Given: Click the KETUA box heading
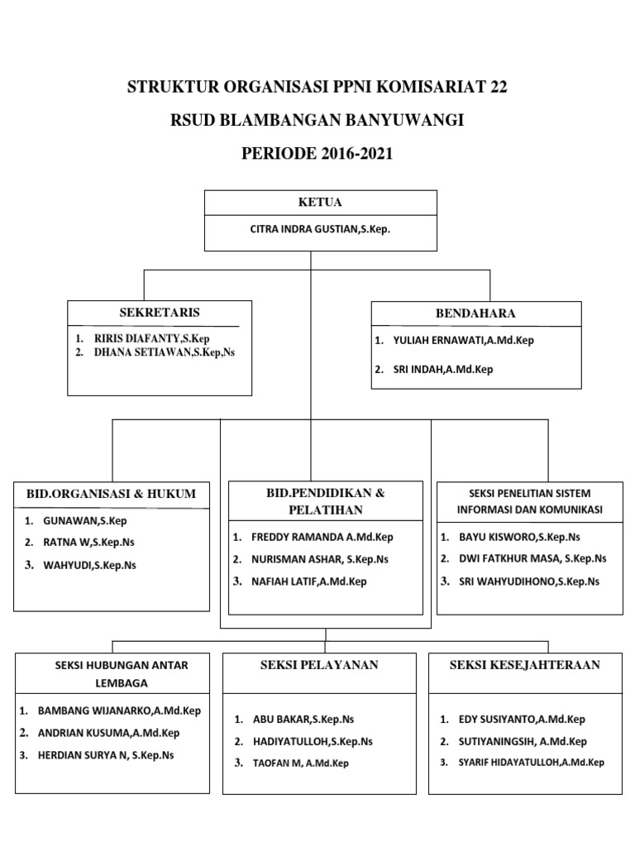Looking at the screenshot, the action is click(x=320, y=202).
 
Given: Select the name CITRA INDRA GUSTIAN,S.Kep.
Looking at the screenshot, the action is click(x=320, y=229).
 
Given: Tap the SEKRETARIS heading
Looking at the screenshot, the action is click(x=160, y=312).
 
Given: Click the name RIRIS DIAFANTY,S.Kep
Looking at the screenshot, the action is click(x=152, y=338).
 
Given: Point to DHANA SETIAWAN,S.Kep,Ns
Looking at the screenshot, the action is click(x=165, y=352).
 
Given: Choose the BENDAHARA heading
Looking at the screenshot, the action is click(x=475, y=313).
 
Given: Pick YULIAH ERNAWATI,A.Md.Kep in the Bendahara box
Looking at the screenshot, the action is click(x=463, y=340).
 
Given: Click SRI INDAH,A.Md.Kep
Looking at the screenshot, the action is click(x=443, y=370).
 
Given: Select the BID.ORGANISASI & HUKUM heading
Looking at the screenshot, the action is click(x=112, y=494).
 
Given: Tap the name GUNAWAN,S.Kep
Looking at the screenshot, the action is click(x=85, y=521).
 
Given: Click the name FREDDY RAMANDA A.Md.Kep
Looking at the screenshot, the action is click(x=322, y=538).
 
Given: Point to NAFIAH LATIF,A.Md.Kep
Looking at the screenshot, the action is click(x=309, y=581).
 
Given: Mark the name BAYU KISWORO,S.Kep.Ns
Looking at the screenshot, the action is click(x=519, y=538).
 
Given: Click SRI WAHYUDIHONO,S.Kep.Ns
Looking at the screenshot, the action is click(x=529, y=581).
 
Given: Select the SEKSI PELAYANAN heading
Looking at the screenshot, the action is click(x=319, y=665).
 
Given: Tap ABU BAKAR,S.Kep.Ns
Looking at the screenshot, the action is click(x=303, y=720).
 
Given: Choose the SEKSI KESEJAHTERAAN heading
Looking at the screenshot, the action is click(x=525, y=665).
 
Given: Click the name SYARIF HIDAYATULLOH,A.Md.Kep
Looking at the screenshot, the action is click(x=532, y=763).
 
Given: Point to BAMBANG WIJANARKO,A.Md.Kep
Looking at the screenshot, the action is click(x=119, y=711).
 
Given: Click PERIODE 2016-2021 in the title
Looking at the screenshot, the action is click(x=317, y=154).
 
